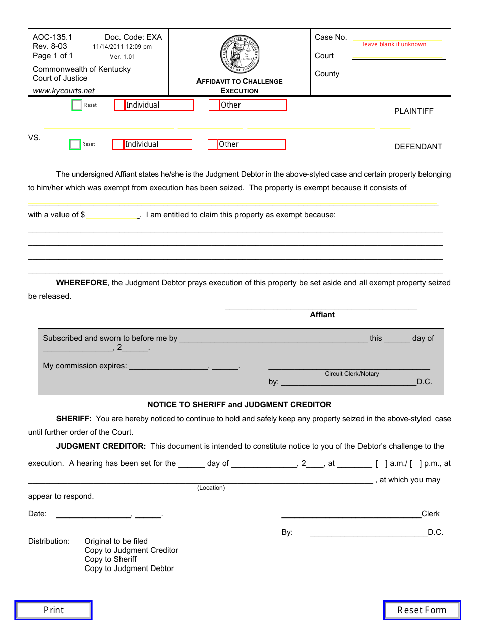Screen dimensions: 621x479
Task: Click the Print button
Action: [53, 610]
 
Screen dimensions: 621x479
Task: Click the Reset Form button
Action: [422, 610]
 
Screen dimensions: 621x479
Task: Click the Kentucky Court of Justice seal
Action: [240, 55]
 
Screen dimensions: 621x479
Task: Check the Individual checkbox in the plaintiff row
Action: [119, 105]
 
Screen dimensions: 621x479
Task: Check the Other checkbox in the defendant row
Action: [213, 144]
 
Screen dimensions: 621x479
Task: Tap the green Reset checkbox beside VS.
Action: [75, 144]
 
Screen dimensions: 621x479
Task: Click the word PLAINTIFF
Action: [413, 111]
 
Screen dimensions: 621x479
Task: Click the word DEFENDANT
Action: [418, 147]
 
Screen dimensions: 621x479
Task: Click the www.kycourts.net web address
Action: [64, 91]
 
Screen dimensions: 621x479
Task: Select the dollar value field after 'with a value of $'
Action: [112, 215]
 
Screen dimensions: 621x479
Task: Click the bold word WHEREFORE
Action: [82, 283]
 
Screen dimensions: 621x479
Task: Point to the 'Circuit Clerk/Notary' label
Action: [351, 374]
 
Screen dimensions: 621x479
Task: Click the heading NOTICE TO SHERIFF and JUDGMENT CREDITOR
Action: [239, 405]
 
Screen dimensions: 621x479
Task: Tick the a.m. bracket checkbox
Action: [381, 463]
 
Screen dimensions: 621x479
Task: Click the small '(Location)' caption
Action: [211, 488]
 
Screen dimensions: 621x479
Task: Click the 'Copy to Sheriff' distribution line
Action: [110, 559]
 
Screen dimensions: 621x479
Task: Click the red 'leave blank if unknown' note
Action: [394, 44]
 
